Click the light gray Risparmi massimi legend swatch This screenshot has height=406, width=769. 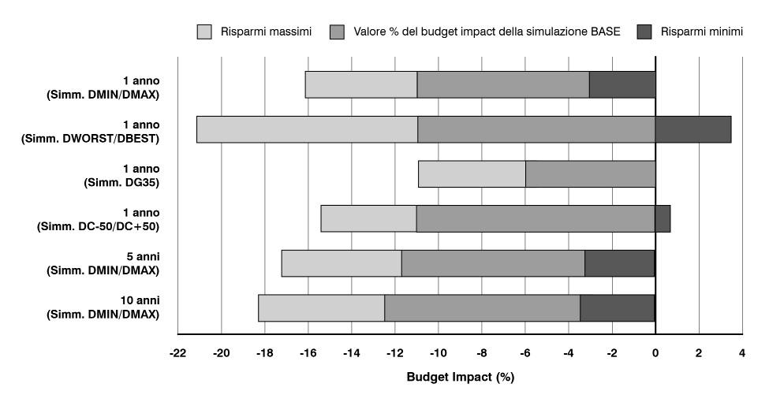click(204, 32)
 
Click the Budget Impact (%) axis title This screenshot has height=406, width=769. click(460, 377)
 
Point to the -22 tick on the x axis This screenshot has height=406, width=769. click(177, 353)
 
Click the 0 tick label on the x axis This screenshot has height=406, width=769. click(655, 353)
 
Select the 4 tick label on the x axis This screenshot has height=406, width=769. click(741, 353)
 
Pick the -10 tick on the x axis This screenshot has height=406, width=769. click(438, 353)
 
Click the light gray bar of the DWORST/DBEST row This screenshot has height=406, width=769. click(307, 129)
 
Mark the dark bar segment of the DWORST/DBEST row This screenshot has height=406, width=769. click(692, 129)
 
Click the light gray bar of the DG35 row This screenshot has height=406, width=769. click(472, 173)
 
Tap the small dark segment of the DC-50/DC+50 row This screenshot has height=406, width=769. click(663, 218)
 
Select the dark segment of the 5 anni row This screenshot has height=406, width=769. click(619, 263)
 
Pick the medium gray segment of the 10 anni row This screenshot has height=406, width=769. click(482, 307)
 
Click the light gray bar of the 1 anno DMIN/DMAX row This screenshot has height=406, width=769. click(360, 84)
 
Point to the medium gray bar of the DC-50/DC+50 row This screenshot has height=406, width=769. click(536, 218)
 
